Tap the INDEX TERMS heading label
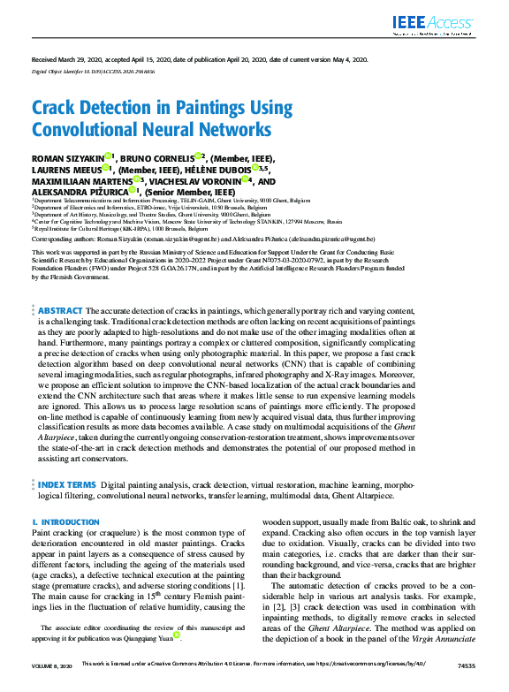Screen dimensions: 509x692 pyautogui.click(x=65, y=485)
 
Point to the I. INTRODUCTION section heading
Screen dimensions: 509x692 pyautogui.click(x=65, y=522)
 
